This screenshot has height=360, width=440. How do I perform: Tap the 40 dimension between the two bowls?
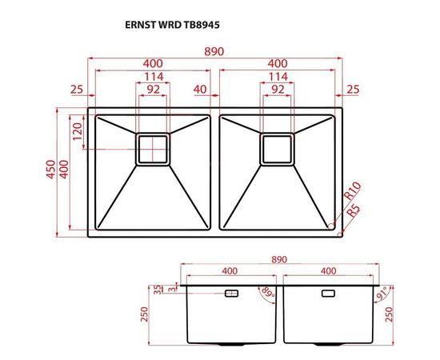point(199,88)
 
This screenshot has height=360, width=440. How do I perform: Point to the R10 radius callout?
point(352,193)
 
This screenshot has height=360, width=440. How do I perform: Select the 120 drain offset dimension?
point(78,131)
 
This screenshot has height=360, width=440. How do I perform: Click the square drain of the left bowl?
point(153,149)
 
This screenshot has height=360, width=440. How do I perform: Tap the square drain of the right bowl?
point(277,149)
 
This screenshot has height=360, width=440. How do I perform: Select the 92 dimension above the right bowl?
point(277,88)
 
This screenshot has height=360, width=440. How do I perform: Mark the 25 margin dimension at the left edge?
point(77,88)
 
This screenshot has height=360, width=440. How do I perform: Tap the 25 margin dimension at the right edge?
point(353,88)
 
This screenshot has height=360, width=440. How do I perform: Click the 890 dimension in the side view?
point(278,259)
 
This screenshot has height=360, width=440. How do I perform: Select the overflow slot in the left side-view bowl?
point(232,294)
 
